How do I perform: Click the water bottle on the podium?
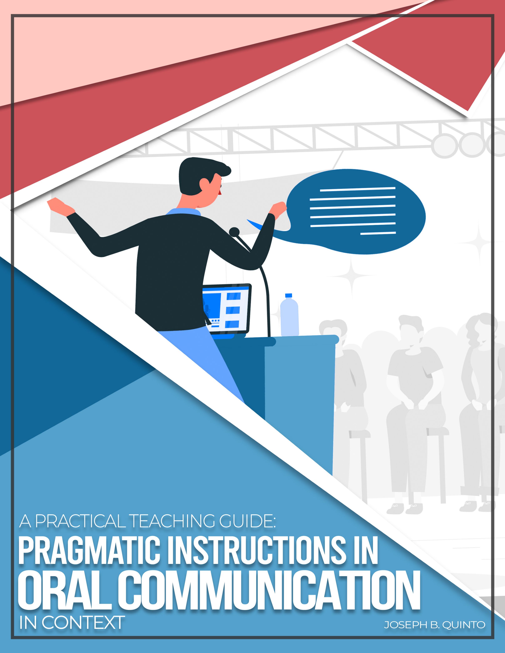click(289, 317)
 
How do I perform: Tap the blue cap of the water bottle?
click(288, 295)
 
